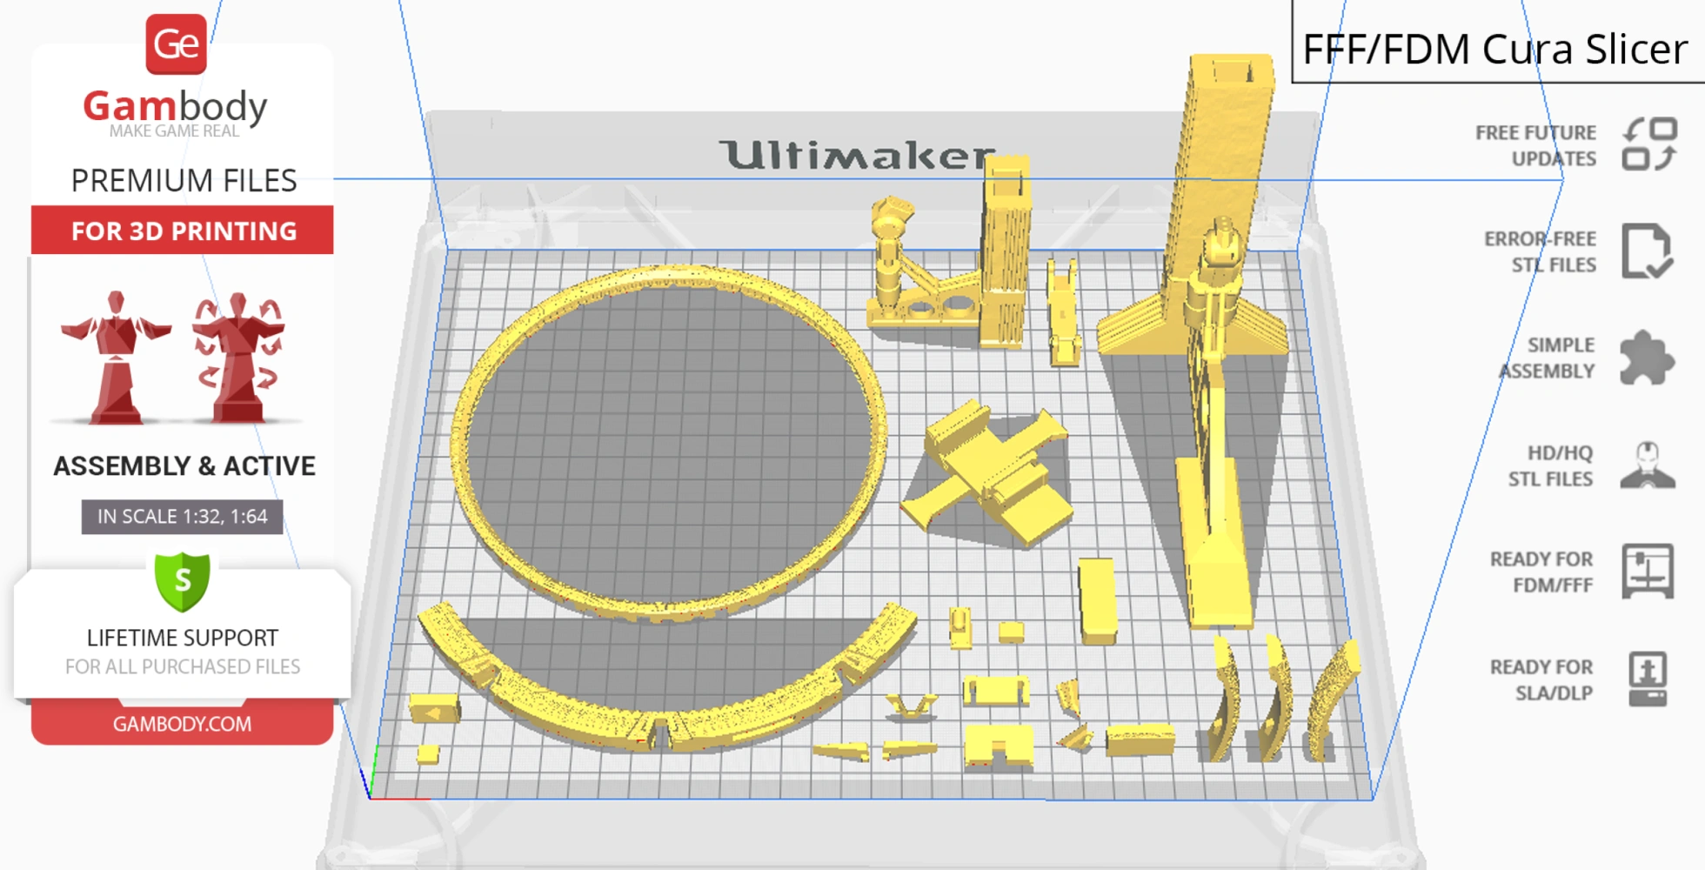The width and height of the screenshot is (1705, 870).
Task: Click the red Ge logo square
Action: [x=176, y=43]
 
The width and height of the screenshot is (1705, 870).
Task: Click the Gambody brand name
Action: [x=175, y=106]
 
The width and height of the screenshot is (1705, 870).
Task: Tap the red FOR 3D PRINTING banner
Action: [x=183, y=230]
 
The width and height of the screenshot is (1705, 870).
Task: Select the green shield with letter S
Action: [x=183, y=581]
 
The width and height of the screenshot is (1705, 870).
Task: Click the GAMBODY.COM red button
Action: [x=183, y=723]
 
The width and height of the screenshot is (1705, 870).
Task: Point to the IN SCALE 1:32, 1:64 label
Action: [x=183, y=517]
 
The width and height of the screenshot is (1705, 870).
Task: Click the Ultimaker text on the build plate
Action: [x=857, y=155]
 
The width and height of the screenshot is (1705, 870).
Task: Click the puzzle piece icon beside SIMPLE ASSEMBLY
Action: [x=1647, y=358]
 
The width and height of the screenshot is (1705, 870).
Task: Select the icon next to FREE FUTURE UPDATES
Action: [x=1649, y=144]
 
